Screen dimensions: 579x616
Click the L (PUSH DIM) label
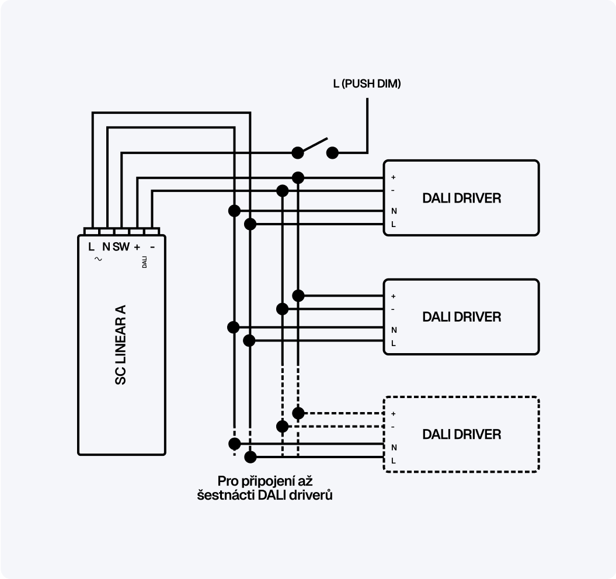[367, 84]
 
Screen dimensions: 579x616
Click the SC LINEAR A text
[121, 344]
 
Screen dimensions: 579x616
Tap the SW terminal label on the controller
[121, 247]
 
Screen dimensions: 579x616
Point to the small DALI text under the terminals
[144, 261]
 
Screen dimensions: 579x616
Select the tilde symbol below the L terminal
[98, 259]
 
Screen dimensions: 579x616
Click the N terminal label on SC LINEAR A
[106, 247]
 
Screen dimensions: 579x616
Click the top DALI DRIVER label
[461, 198]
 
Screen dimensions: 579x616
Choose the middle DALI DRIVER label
[461, 317]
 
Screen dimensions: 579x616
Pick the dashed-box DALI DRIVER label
[461, 434]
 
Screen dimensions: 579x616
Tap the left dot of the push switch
[298, 153]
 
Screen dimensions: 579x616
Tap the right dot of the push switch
[332, 153]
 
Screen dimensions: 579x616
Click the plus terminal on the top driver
[393, 177]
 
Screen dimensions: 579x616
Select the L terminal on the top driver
[394, 224]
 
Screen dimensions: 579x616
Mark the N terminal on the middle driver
[394, 330]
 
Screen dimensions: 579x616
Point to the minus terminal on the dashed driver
[393, 427]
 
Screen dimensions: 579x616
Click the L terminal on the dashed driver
[394, 461]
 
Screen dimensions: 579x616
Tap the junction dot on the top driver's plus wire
[298, 177]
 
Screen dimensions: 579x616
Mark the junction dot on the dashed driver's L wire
[250, 456]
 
